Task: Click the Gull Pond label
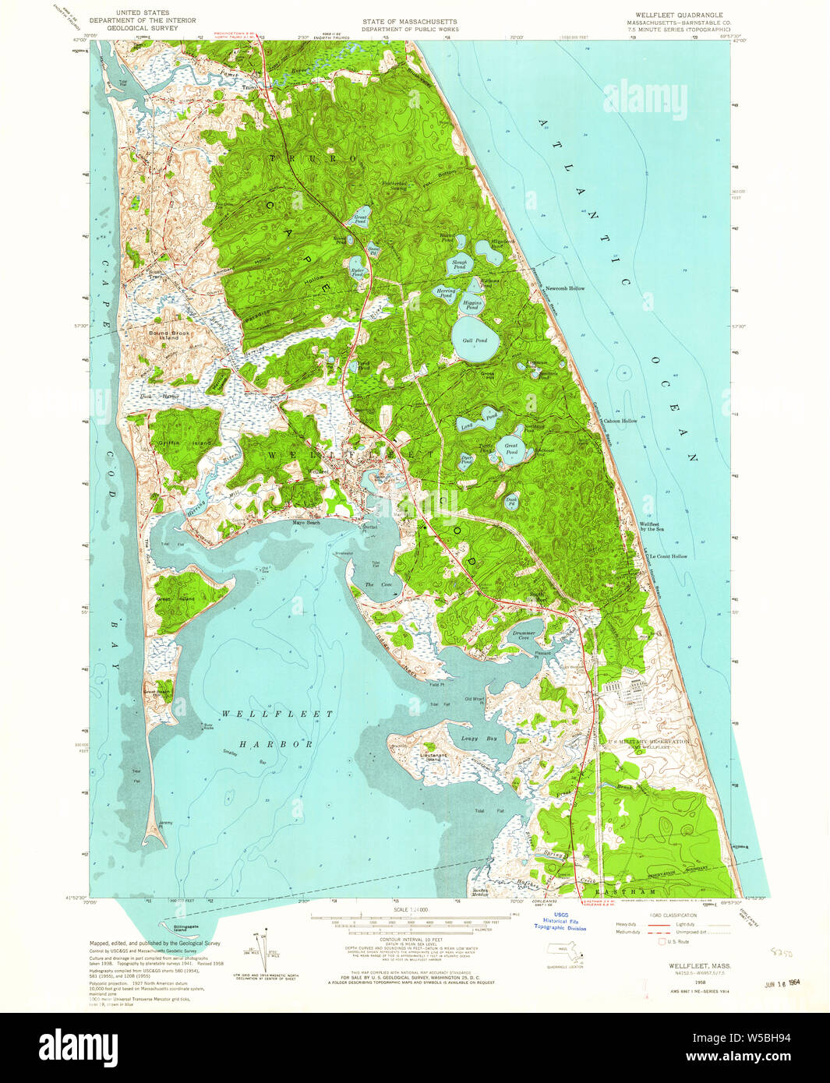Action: click(x=475, y=340)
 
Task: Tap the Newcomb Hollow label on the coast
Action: click(x=565, y=288)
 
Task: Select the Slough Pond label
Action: click(x=460, y=265)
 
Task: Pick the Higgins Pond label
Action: click(x=472, y=305)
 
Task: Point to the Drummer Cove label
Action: click(x=524, y=635)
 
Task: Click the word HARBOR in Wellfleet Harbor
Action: click(x=265, y=744)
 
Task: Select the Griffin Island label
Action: click(x=175, y=443)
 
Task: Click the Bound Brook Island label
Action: click(x=164, y=335)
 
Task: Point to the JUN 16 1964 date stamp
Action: click(x=783, y=984)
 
